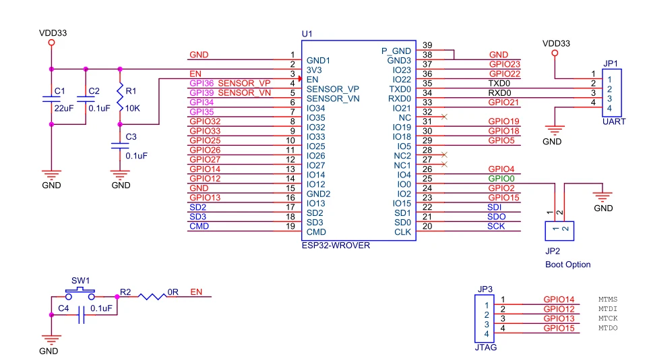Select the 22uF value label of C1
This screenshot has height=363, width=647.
[64, 108]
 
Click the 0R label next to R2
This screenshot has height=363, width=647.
[173, 293]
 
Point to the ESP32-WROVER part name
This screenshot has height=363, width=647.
[336, 246]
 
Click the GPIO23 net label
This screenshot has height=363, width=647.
[504, 64]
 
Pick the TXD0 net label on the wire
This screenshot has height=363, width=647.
[499, 83]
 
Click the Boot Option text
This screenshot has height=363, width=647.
[567, 264]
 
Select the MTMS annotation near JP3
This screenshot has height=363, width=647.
[607, 300]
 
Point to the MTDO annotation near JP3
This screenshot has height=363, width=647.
[607, 328]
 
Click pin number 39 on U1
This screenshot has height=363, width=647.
[427, 45]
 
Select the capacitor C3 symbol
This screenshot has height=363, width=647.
[120, 145]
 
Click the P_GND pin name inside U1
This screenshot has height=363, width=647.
[396, 51]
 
